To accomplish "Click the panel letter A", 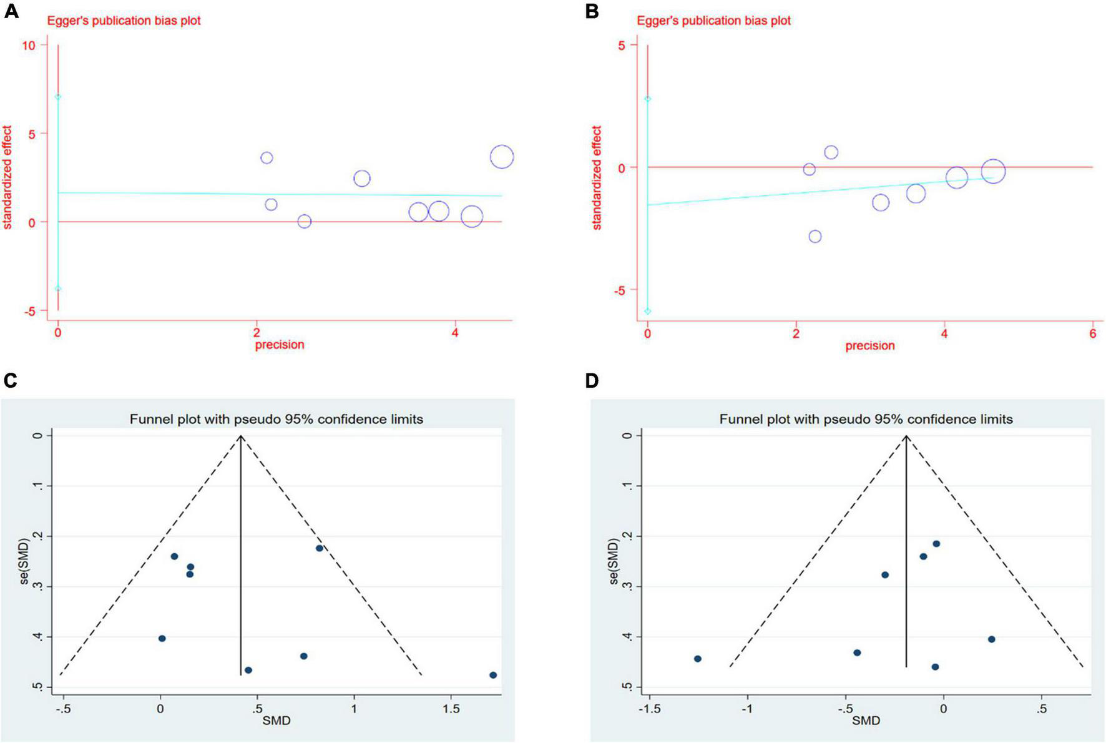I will click(11, 11).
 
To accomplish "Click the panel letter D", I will click(592, 380).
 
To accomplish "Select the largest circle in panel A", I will click(502, 157).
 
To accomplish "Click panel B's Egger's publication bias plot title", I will click(713, 21).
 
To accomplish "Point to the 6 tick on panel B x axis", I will click(1092, 334).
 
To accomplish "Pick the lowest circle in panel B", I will click(815, 236).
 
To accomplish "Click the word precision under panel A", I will click(279, 345).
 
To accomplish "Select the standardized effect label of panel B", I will click(597, 178).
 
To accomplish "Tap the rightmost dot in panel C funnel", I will click(493, 675).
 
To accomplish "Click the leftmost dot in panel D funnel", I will click(698, 659).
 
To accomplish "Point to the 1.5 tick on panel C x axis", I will click(451, 709).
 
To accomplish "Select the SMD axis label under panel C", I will click(276, 721).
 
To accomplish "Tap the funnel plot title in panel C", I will click(276, 420).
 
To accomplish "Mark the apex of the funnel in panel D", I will click(906, 436).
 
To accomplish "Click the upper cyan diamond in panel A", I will click(58, 97).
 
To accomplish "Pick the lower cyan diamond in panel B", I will click(648, 311).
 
